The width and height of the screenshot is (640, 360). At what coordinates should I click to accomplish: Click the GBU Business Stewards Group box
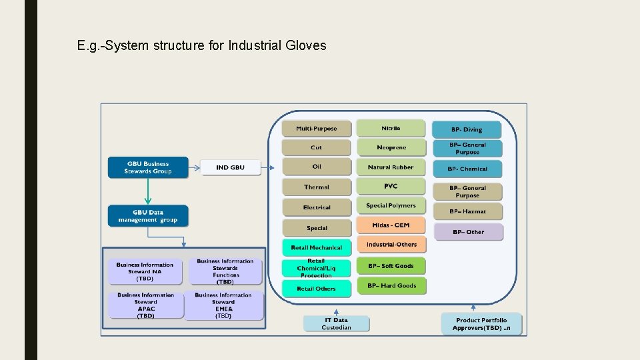(148, 167)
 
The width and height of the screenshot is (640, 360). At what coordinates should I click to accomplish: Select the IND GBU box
(230, 167)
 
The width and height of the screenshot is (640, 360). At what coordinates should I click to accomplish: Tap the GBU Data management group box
(148, 216)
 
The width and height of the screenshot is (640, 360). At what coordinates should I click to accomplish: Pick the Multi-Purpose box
(317, 129)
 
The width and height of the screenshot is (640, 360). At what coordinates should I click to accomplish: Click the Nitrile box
(391, 128)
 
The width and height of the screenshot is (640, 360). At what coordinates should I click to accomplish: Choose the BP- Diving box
(467, 129)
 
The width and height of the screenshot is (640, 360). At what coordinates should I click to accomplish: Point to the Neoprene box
(391, 147)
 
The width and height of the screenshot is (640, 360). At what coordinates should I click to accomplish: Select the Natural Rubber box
(391, 167)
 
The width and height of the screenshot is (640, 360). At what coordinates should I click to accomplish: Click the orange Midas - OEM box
(391, 225)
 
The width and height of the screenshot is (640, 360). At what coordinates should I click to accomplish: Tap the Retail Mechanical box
(317, 247)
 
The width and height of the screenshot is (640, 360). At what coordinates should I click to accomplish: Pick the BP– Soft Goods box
(391, 266)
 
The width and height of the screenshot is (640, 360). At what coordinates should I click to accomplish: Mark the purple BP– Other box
(468, 232)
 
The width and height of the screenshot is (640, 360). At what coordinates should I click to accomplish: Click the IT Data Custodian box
(336, 324)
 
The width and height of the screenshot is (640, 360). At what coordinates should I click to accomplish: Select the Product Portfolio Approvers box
(481, 324)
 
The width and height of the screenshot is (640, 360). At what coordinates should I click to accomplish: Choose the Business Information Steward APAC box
(145, 305)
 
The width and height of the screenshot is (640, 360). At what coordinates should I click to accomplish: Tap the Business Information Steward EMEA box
(223, 305)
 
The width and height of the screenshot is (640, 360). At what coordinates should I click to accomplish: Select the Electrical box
(317, 207)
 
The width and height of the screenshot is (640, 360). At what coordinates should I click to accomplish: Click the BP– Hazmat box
(467, 211)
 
